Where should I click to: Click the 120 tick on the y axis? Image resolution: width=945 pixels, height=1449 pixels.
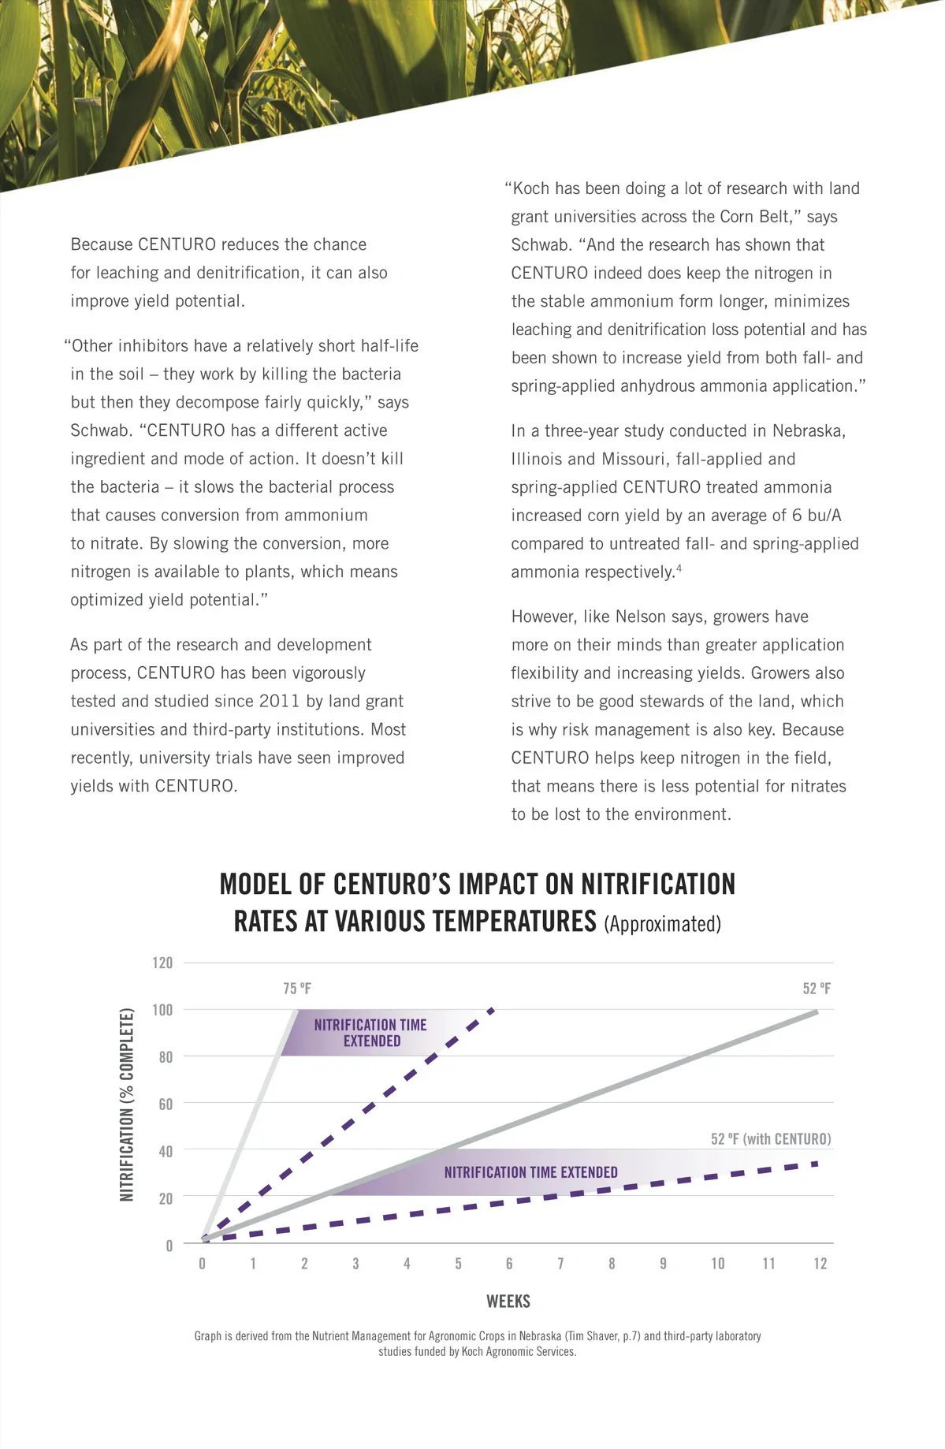coord(162,963)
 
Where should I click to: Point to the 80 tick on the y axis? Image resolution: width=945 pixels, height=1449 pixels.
coord(166,1057)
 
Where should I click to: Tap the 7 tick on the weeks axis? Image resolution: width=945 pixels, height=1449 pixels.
coord(560,1264)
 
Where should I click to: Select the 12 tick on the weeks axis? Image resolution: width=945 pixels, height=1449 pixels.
coord(820,1264)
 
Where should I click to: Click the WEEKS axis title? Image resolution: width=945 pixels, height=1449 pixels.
coord(508,1302)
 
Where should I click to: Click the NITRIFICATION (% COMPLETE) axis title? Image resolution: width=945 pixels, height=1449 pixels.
coord(126,1104)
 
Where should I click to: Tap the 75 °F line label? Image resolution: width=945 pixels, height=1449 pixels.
coord(297,989)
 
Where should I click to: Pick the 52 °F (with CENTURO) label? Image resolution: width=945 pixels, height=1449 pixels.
coord(770,1139)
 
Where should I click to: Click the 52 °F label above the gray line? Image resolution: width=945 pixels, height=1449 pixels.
coord(817,989)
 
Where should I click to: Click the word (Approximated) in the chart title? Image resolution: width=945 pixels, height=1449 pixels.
coord(662,924)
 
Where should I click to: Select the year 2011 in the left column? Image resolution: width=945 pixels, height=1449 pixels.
coord(279,701)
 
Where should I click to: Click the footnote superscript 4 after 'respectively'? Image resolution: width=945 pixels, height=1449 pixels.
coord(679,568)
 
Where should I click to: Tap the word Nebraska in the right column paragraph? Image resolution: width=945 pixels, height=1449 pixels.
coord(809,431)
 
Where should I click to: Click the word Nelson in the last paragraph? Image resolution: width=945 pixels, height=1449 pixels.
coord(641,616)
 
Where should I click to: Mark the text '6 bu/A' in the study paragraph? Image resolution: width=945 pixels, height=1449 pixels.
coord(817,516)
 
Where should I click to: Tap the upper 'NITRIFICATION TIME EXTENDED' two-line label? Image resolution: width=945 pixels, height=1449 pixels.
coord(370,1033)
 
